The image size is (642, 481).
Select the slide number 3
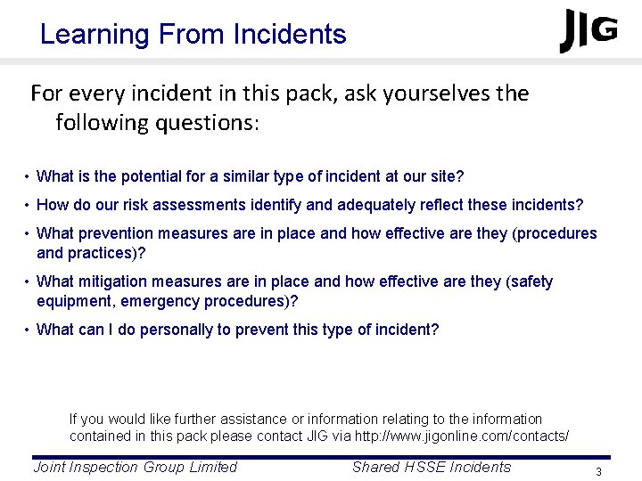[x=599, y=471]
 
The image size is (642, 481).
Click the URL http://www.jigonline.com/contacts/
[x=462, y=436]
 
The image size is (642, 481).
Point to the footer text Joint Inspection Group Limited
[x=135, y=467]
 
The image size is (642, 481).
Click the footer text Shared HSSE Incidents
[x=432, y=467]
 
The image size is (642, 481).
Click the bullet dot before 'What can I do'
[x=28, y=330]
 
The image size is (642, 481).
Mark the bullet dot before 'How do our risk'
[x=28, y=206]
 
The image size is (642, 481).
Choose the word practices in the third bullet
[x=97, y=253]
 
